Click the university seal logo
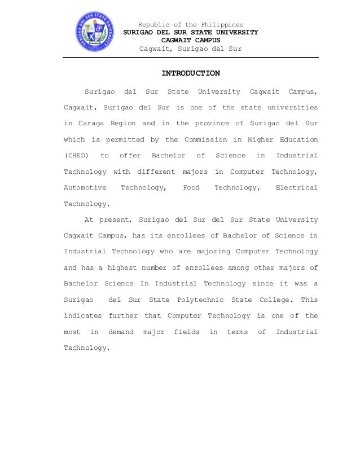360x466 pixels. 95,31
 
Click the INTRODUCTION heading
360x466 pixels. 191,73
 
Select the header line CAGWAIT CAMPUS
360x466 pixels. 191,41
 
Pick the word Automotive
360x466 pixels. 85,188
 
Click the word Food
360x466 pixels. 191,188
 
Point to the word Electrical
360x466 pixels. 296,188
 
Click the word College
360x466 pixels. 274,300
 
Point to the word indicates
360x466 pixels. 82,316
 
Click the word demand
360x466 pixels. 121,332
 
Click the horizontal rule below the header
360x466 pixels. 191,58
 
